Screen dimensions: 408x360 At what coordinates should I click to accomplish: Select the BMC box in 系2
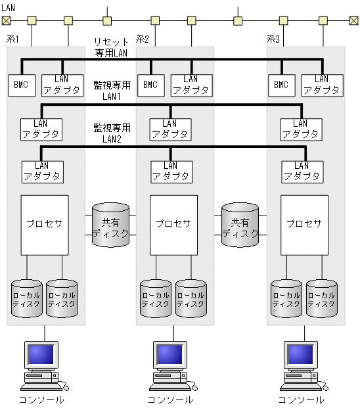point(150,85)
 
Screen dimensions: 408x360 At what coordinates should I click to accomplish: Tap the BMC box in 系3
point(281,85)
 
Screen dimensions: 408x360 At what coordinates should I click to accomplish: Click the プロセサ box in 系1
point(45,225)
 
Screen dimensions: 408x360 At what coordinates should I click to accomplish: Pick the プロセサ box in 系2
point(173,225)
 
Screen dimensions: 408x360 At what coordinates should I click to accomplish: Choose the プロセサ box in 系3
point(304,225)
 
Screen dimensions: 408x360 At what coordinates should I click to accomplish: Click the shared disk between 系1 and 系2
point(110,225)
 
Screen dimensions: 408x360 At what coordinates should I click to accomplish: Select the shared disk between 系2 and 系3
point(240,225)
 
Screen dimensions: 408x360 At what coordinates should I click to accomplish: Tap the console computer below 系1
point(41,364)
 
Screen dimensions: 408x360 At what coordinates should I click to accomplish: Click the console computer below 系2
point(169,364)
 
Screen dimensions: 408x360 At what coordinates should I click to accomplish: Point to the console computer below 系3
point(300,364)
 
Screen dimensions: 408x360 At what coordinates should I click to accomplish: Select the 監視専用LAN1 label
point(112,90)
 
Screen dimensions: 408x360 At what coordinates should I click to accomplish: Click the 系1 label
point(12,40)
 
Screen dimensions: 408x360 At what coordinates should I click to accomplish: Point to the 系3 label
point(273,40)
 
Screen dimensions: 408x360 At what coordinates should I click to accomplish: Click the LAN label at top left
point(9,7)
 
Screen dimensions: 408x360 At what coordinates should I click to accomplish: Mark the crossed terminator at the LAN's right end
point(354,20)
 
